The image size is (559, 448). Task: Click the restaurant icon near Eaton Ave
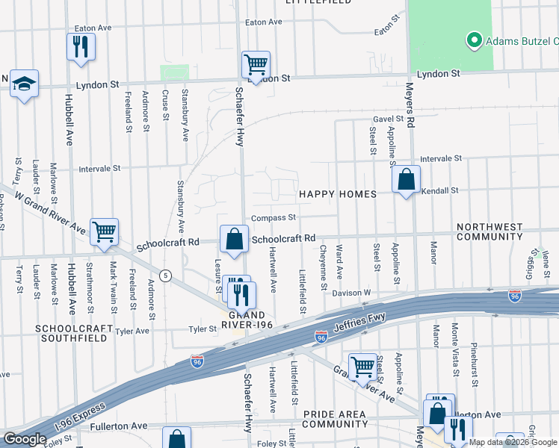pos(80,47)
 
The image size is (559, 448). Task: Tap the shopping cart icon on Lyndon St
pos(256,65)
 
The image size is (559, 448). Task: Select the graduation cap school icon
pos(24,84)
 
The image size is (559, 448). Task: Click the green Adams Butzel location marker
pos(473,40)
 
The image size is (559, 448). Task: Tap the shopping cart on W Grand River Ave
pos(104,231)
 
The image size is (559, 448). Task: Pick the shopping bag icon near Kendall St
pos(406,180)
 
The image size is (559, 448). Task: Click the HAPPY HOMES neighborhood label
pos(337,194)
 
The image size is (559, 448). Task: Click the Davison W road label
pos(351,293)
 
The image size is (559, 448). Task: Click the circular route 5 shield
pos(166,276)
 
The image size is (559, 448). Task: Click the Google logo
pos(25,438)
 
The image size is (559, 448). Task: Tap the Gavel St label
pos(388,119)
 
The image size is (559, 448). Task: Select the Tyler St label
pos(202,329)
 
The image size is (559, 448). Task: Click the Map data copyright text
pos(512,442)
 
